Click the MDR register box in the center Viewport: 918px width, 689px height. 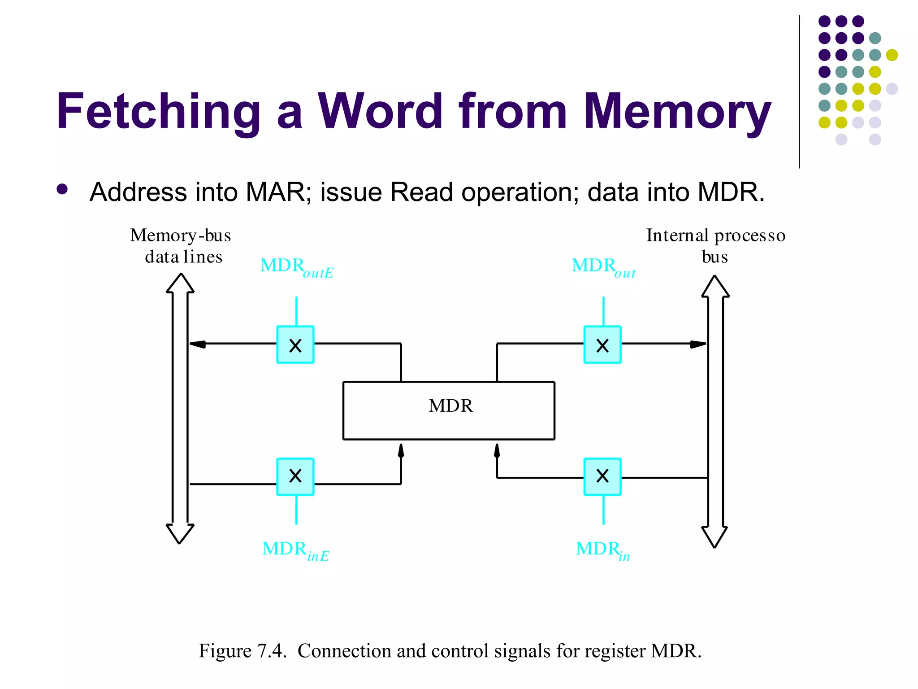click(x=449, y=410)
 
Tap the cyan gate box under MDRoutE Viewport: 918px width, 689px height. click(x=295, y=344)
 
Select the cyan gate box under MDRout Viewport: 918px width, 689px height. click(x=602, y=344)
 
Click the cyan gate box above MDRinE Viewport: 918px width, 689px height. click(x=295, y=476)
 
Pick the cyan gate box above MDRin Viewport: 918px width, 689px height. click(x=602, y=476)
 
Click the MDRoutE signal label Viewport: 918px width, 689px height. click(x=296, y=267)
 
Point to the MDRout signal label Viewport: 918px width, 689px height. click(x=603, y=267)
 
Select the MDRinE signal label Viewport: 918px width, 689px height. click(x=295, y=550)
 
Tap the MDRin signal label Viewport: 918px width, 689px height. click(x=602, y=550)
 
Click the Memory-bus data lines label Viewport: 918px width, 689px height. click(x=181, y=246)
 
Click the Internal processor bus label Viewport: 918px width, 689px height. click(x=715, y=246)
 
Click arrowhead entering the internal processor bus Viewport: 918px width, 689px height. click(x=698, y=344)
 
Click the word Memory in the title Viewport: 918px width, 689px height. click(x=677, y=111)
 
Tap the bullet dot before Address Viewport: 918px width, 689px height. click(x=62, y=189)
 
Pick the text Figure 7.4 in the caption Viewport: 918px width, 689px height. click(x=242, y=651)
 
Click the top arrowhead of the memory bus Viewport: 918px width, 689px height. click(x=180, y=283)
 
